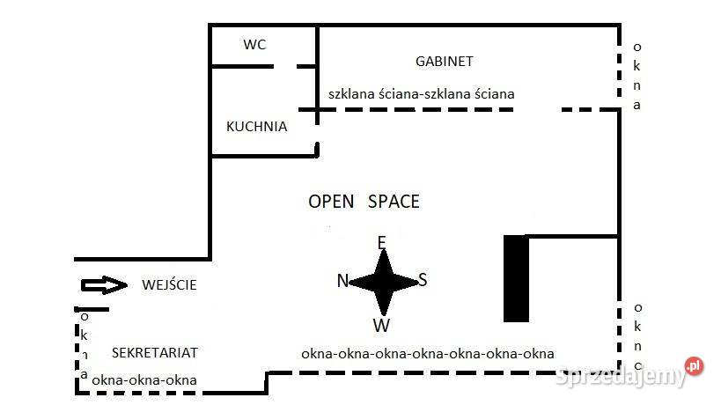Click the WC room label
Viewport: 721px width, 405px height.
click(x=254, y=45)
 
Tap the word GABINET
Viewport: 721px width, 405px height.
click(x=445, y=61)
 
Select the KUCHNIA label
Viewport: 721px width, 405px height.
click(x=256, y=127)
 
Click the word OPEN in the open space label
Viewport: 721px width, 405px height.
click(x=331, y=202)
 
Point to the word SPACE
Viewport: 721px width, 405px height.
click(x=394, y=202)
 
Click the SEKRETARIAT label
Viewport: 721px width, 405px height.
click(x=155, y=352)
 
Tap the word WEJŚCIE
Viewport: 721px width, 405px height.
click(x=169, y=284)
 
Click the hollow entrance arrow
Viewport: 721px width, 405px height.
click(x=104, y=285)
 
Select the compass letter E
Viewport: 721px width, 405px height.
click(x=382, y=242)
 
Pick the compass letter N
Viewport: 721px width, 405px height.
click(x=342, y=281)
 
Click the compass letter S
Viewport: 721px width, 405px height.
click(x=423, y=279)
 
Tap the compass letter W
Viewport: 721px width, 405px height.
click(x=381, y=326)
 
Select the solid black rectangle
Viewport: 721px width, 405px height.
click(x=517, y=278)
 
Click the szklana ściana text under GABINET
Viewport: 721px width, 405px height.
click(x=421, y=94)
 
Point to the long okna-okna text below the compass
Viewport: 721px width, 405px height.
click(x=428, y=354)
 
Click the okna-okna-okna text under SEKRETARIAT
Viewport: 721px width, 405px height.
click(x=144, y=380)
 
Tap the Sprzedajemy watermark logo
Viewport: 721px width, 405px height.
click(x=629, y=373)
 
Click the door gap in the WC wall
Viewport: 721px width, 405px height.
click(x=285, y=67)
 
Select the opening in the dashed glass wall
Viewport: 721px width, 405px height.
click(x=538, y=110)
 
